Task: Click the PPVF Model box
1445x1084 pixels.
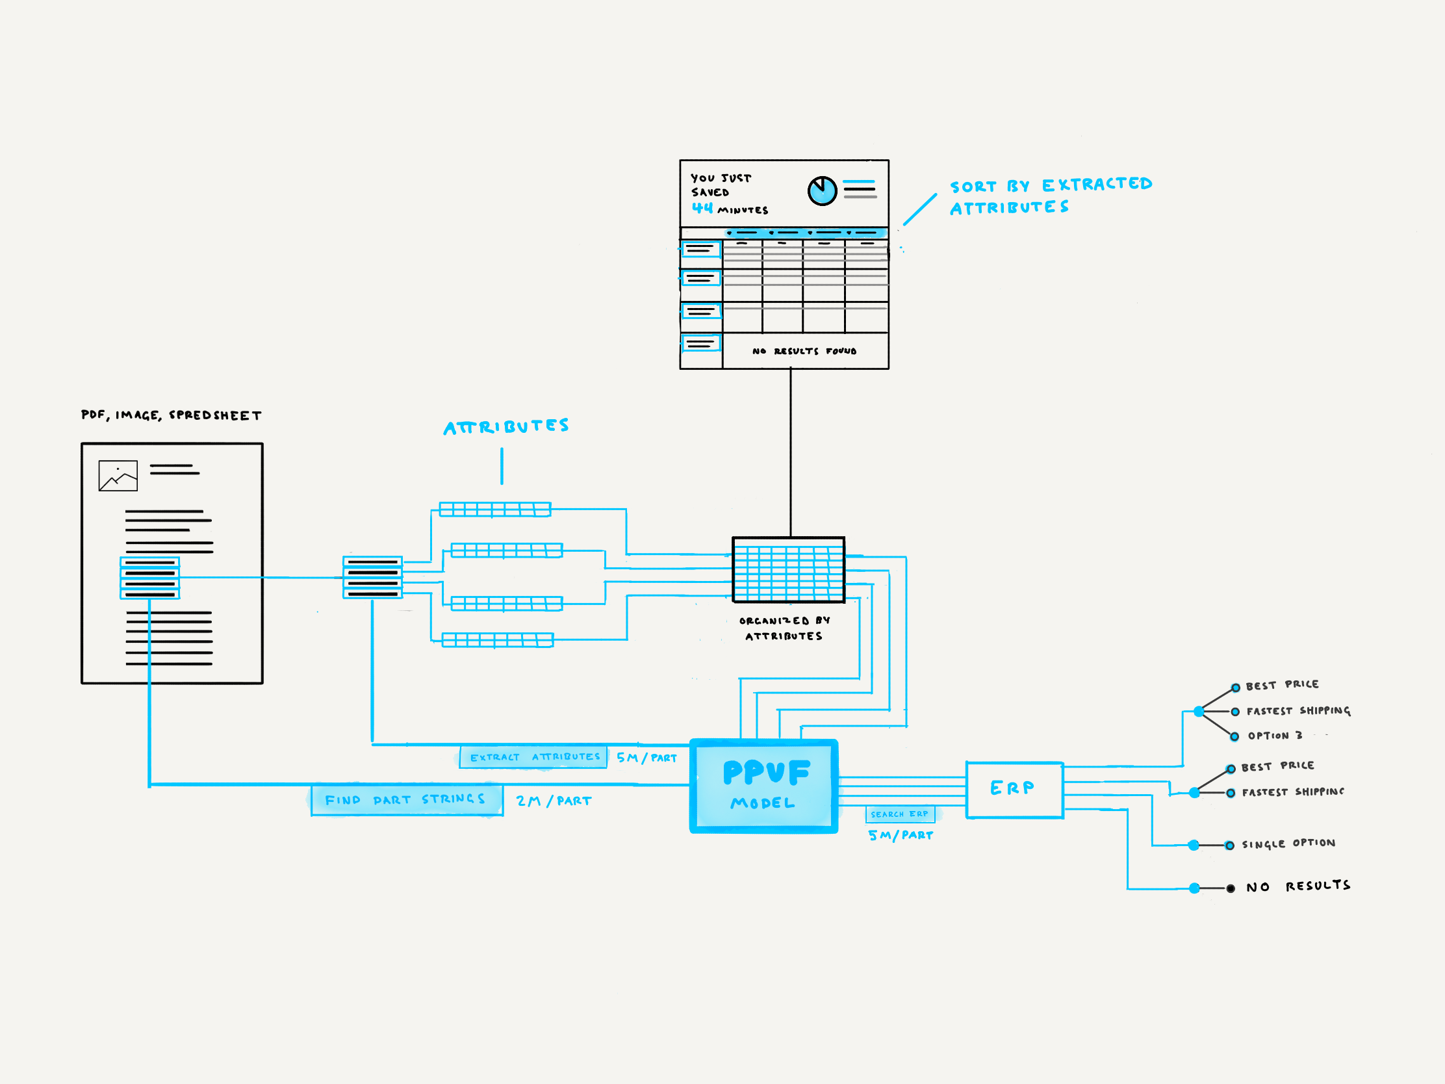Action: [763, 786]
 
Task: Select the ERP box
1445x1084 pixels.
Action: [1014, 790]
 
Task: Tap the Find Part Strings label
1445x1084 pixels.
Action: [406, 800]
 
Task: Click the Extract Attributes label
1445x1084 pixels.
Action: [533, 756]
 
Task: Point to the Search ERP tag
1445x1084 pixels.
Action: [899, 814]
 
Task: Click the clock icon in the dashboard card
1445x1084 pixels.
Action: [822, 191]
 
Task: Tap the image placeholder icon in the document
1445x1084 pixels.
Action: [118, 476]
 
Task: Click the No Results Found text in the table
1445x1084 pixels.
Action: [804, 351]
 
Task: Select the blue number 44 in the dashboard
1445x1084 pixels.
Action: [702, 208]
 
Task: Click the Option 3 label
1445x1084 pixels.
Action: [1275, 736]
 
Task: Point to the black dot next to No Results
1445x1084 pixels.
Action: [1231, 888]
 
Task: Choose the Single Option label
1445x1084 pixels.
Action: [1288, 844]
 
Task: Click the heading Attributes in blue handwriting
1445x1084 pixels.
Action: [506, 427]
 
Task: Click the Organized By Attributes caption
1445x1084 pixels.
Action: [784, 628]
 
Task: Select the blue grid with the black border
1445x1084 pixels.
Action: [789, 570]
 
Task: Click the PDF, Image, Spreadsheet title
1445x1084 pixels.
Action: [171, 415]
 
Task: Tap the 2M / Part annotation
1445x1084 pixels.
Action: [554, 801]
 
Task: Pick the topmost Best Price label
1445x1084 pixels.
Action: [1282, 685]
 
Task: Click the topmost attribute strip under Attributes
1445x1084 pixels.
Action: [495, 509]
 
